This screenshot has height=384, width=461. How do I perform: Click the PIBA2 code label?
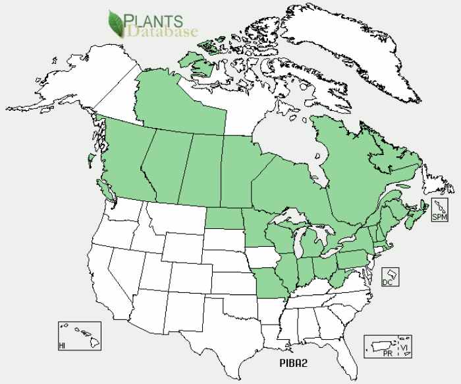290,362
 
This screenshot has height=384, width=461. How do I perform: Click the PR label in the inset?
389,354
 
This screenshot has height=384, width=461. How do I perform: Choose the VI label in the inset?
406,346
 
